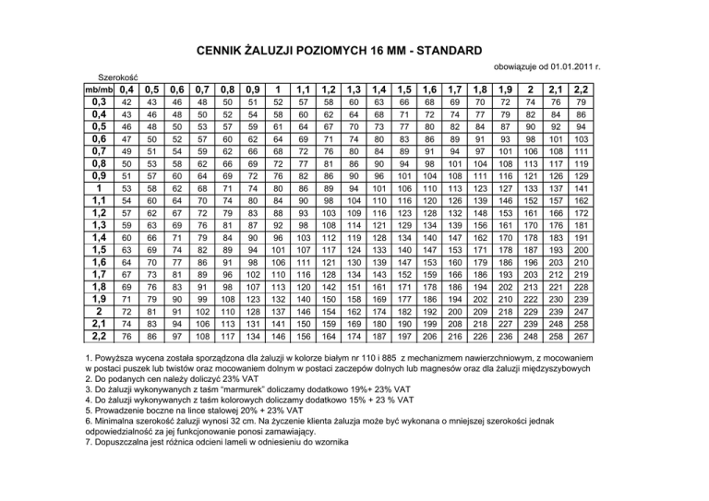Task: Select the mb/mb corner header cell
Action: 99,89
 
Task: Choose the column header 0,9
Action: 253,89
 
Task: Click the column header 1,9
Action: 505,89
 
